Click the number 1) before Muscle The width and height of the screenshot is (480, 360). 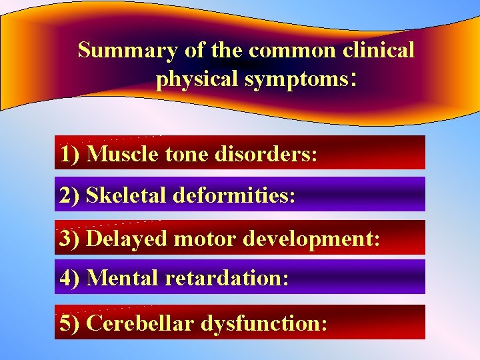click(70, 155)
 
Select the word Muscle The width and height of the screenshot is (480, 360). click(123, 155)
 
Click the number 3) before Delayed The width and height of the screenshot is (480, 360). click(70, 239)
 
